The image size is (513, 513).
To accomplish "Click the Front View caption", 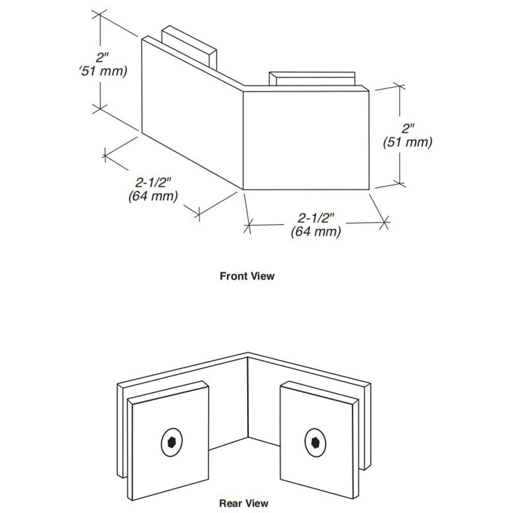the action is (x=247, y=276).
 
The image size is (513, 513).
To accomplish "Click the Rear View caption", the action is (x=244, y=503).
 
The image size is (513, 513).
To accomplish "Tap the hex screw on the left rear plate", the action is (x=172, y=442).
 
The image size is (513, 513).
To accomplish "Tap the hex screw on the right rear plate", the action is (x=315, y=443).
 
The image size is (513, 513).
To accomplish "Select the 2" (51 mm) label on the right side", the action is (x=408, y=135).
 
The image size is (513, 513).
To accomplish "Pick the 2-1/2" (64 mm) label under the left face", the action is (x=153, y=189).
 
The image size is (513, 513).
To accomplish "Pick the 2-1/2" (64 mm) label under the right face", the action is (x=315, y=225).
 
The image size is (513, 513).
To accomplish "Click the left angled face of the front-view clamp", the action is (x=192, y=113).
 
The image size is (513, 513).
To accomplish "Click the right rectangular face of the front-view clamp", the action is (x=306, y=141).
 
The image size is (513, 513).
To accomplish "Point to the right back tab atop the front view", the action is (x=312, y=79).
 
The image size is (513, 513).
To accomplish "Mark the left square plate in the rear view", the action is (x=168, y=440).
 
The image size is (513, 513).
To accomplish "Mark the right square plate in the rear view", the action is (x=320, y=440).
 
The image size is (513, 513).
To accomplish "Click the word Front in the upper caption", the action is (x=233, y=276).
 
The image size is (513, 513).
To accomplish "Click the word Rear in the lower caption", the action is (x=230, y=503).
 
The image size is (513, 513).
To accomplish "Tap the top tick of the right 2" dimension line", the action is (x=400, y=86).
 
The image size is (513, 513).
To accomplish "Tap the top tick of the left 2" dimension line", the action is (x=100, y=14).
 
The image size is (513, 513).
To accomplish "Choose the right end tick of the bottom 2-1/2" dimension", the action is (x=384, y=223).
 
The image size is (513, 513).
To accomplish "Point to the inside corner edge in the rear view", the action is (x=248, y=397).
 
